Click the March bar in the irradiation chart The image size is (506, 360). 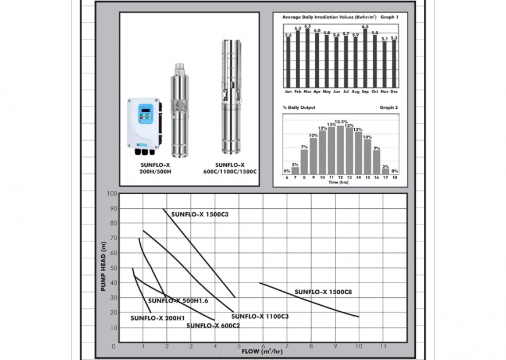[307, 58]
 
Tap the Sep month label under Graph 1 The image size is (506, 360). [365, 91]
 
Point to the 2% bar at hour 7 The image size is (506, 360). [295, 170]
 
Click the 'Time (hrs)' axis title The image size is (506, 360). [340, 183]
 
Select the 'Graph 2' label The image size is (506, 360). [389, 108]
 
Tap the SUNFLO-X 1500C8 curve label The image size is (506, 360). [323, 293]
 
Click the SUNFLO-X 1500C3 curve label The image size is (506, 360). [199, 215]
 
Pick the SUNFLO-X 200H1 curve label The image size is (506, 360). [157, 318]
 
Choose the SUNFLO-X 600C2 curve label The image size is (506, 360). [213, 326]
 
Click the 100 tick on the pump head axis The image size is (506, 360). [112, 194]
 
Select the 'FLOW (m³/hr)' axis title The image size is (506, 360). [262, 351]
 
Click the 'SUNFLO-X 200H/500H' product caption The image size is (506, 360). [154, 168]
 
